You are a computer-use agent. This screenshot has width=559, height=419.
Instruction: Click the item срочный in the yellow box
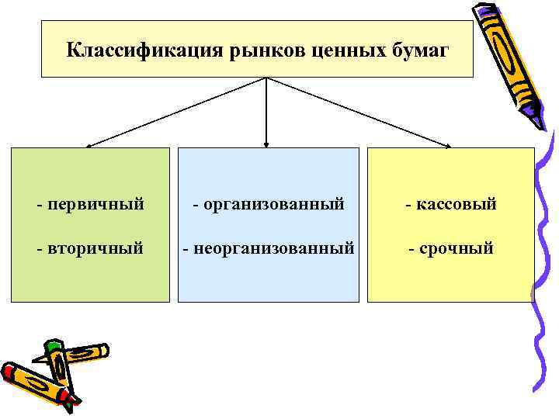(x=456, y=249)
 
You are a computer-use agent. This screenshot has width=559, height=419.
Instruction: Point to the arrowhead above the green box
(x=89, y=145)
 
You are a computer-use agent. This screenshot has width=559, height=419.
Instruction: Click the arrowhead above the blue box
(x=266, y=144)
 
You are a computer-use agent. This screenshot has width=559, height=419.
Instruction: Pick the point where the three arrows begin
(x=266, y=78)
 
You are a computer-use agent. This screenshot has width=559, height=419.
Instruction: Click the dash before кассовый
(x=409, y=205)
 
